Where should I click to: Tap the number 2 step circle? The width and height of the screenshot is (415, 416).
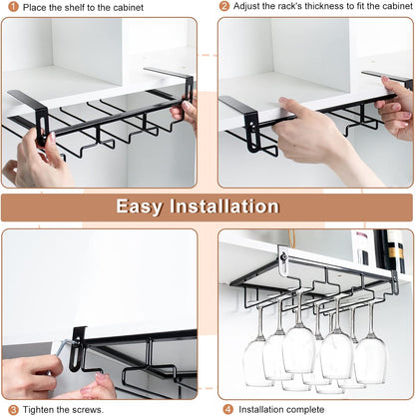[225, 7]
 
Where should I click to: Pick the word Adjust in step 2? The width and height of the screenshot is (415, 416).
[251, 7]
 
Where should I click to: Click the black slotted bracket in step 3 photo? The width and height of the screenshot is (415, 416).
[77, 344]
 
